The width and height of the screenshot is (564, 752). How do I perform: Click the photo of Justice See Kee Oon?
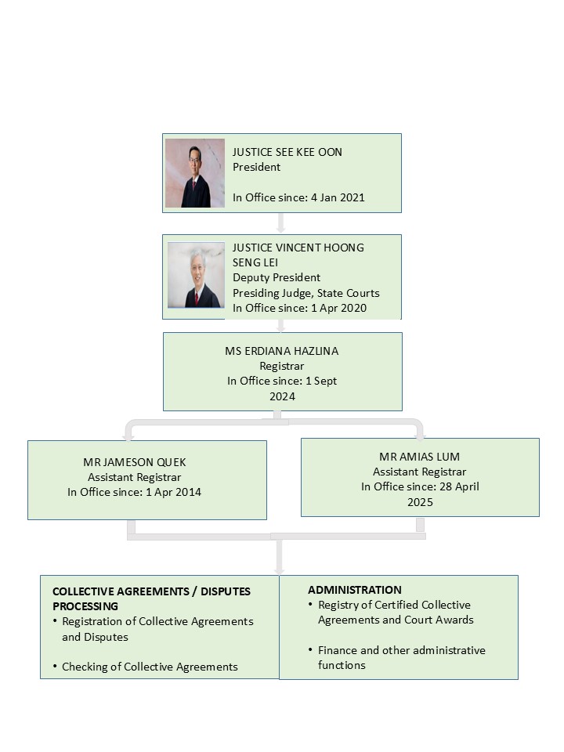(x=195, y=173)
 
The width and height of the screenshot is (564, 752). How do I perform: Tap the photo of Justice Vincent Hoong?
(x=196, y=275)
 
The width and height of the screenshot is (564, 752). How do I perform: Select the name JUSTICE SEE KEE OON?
(x=287, y=152)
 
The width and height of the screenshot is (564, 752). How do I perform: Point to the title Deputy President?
(x=277, y=277)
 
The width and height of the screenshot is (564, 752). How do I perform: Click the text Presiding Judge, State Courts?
(x=306, y=293)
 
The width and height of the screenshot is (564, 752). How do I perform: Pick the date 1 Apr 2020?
(x=338, y=308)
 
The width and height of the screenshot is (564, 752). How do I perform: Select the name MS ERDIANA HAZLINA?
(x=282, y=351)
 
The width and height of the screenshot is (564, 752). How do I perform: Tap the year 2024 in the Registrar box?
(x=282, y=396)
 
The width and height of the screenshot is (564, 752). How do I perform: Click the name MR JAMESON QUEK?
(x=134, y=462)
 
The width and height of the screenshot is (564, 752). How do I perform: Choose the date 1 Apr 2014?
(x=174, y=492)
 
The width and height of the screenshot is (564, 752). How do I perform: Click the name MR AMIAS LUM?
(x=420, y=457)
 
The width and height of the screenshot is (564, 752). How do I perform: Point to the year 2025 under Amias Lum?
(x=420, y=502)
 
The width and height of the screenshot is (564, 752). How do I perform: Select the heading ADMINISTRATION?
(x=355, y=590)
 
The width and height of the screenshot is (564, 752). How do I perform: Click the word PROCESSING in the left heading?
(x=85, y=606)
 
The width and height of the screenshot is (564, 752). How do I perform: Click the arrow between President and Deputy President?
(x=281, y=223)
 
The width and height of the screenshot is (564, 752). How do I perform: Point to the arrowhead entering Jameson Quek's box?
(x=128, y=436)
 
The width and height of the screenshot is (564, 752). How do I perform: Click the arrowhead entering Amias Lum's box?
(x=420, y=436)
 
